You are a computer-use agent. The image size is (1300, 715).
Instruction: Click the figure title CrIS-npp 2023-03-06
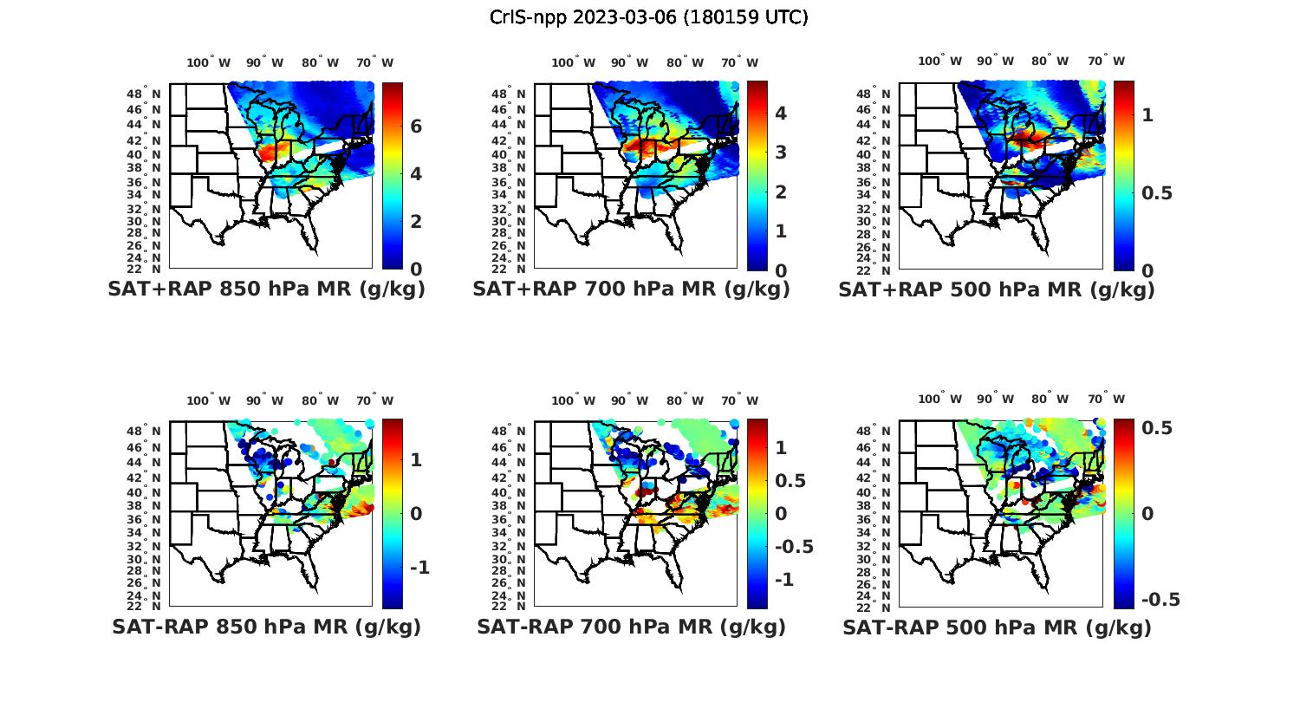tap(649, 17)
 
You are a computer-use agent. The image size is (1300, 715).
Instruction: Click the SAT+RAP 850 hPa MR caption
tap(266, 289)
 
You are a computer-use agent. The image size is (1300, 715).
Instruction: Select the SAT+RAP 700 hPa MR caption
tap(631, 289)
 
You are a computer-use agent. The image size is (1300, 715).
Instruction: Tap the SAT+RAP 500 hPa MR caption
tap(997, 289)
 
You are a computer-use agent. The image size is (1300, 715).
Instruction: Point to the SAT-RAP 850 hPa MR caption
tap(266, 627)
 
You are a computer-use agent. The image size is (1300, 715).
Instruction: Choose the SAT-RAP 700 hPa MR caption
tap(631, 627)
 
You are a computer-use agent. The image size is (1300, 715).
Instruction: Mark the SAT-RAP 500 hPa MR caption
tap(997, 627)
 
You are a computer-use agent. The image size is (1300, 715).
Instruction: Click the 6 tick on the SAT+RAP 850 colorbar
tap(416, 127)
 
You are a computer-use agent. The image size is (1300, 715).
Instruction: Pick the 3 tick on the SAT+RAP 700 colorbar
tap(780, 153)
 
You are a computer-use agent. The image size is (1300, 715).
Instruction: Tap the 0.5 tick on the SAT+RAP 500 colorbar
tap(1157, 192)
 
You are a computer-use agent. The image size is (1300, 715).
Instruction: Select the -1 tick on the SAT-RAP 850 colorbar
tap(419, 567)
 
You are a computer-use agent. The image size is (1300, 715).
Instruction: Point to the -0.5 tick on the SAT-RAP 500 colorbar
tap(1160, 600)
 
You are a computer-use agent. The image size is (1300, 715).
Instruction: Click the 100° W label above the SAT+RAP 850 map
tap(208, 62)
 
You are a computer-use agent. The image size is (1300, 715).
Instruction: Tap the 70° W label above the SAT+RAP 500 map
tap(1106, 61)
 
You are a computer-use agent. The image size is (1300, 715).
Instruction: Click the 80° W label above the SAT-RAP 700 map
tap(685, 400)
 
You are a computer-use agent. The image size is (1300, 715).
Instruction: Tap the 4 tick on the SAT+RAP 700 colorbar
tap(780, 113)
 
